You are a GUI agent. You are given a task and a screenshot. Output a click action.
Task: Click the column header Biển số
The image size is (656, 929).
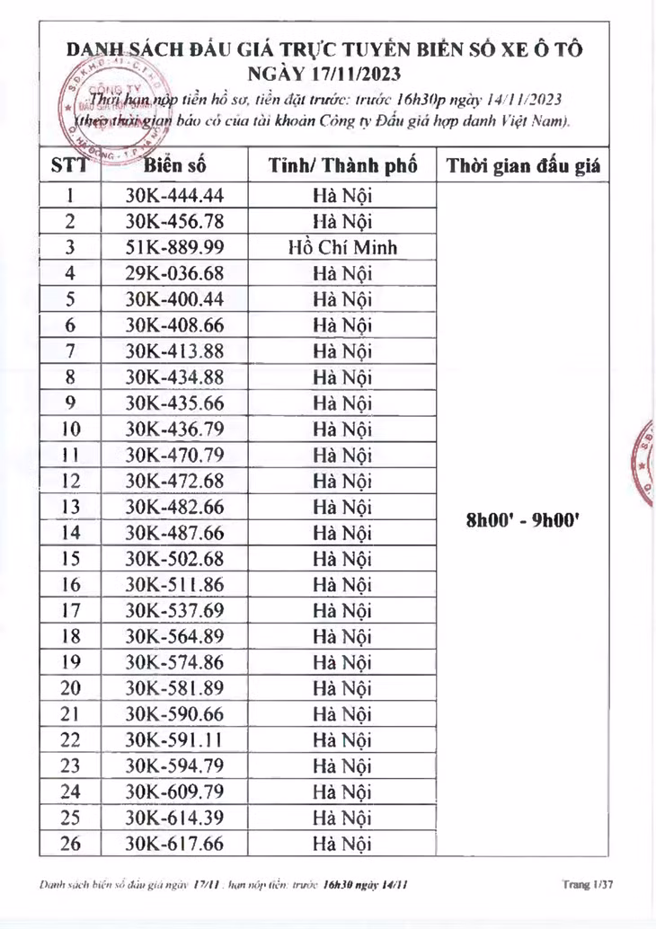point(174,166)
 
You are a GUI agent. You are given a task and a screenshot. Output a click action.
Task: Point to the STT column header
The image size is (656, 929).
point(69,166)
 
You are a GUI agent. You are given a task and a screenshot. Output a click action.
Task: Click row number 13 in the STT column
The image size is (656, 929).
point(71,506)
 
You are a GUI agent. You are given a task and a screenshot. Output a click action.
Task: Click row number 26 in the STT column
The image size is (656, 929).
point(71,844)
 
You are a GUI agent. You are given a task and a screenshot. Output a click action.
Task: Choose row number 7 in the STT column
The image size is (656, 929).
point(71,350)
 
